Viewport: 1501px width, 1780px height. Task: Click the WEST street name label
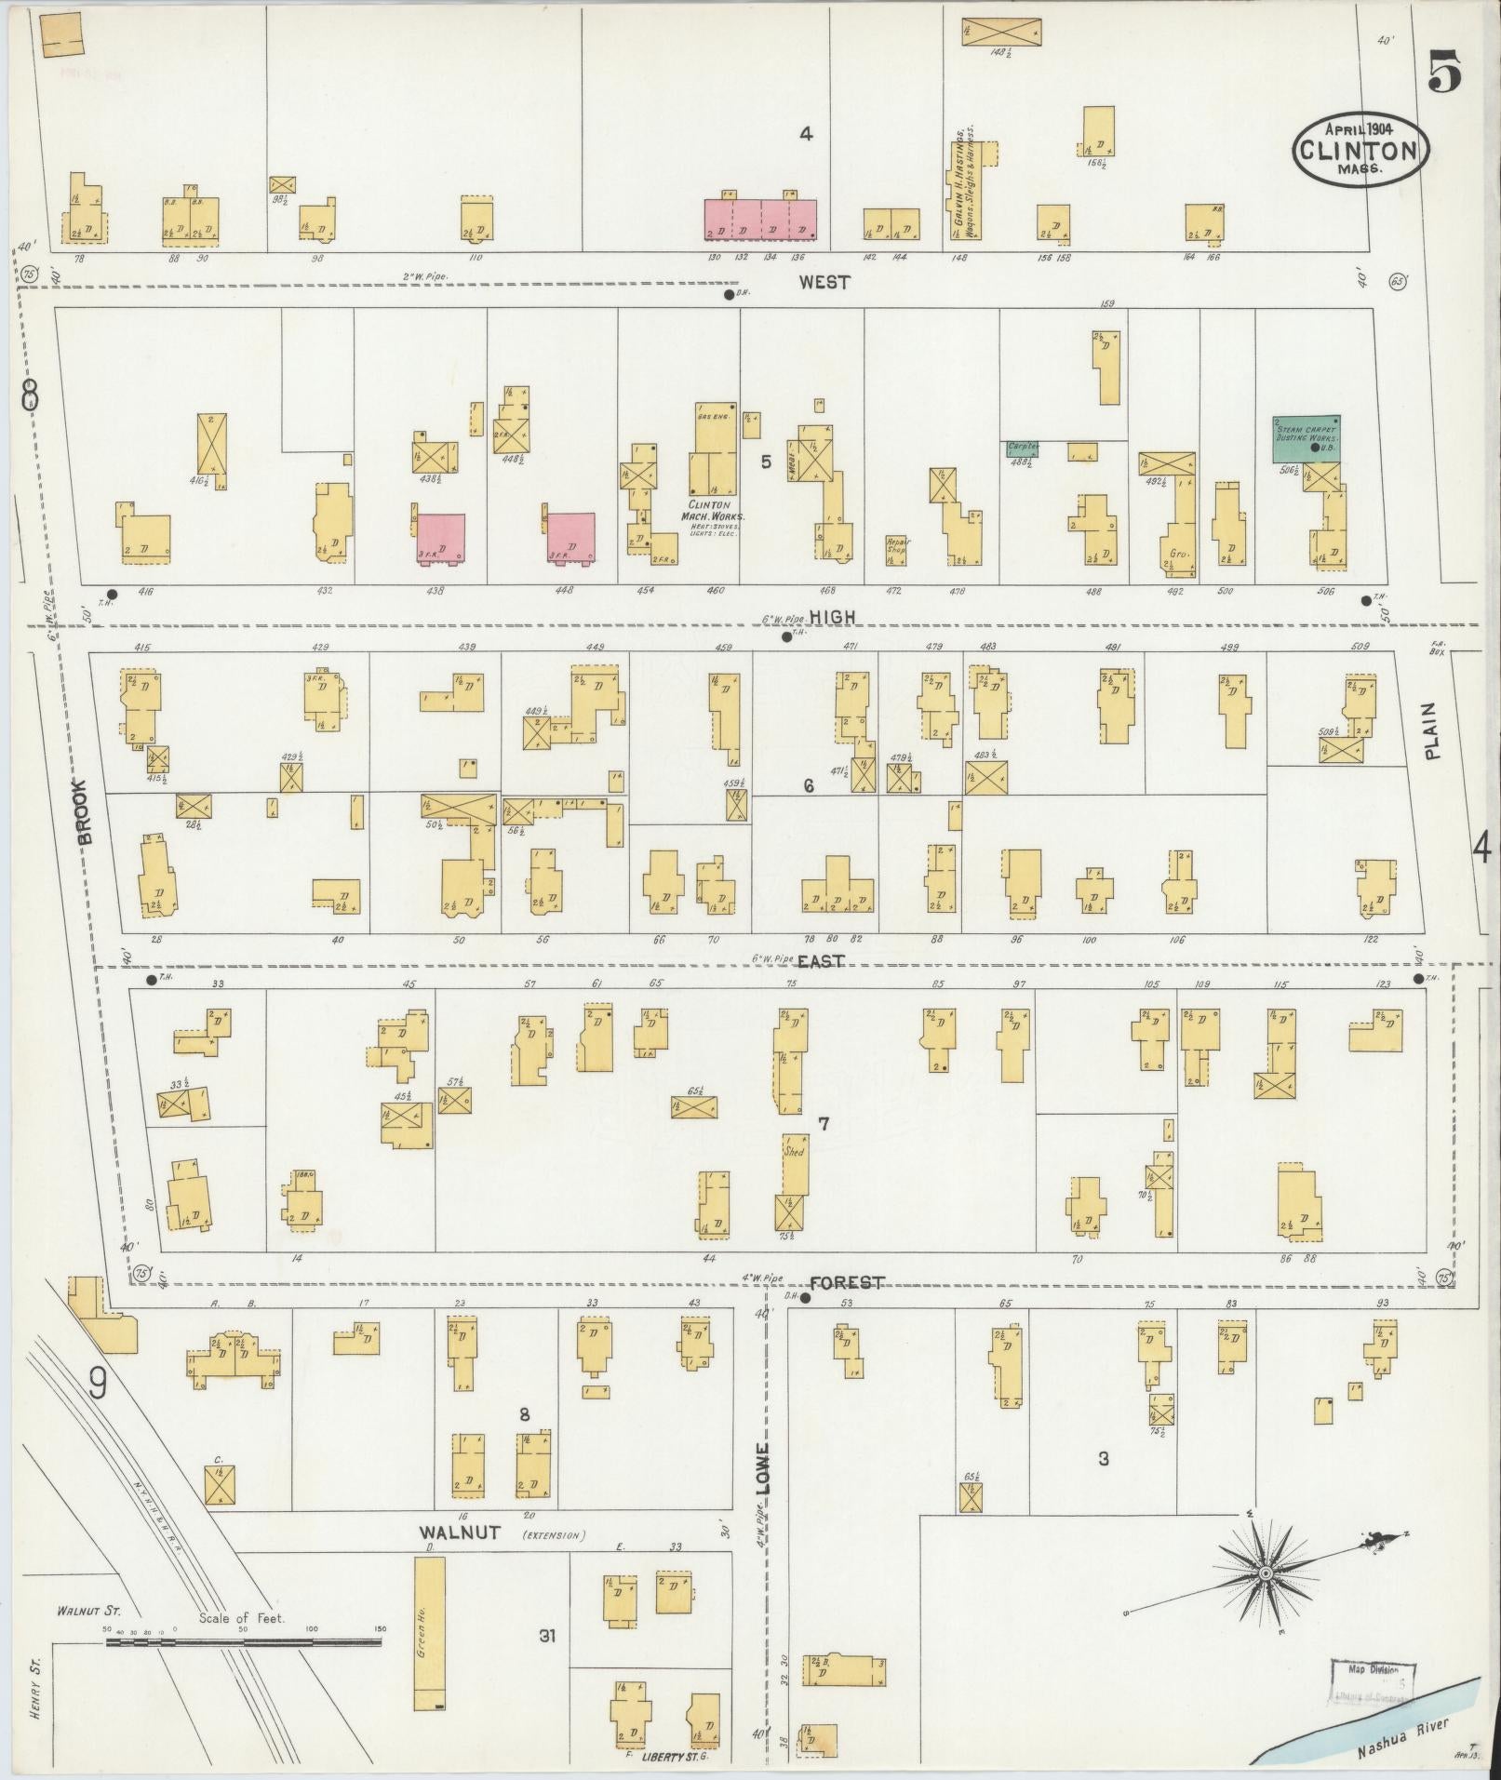[x=824, y=282]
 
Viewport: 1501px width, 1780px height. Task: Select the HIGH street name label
[x=831, y=617]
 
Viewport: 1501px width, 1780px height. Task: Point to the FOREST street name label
[x=846, y=1283]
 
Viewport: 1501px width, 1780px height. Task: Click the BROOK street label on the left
[x=86, y=811]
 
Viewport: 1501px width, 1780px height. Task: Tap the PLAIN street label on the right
[x=1431, y=730]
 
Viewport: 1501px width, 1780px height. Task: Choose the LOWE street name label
[x=763, y=1469]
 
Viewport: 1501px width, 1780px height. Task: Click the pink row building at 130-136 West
[x=759, y=221]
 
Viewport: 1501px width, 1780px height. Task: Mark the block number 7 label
[x=823, y=1124]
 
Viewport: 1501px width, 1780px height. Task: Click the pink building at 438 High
[x=440, y=537]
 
